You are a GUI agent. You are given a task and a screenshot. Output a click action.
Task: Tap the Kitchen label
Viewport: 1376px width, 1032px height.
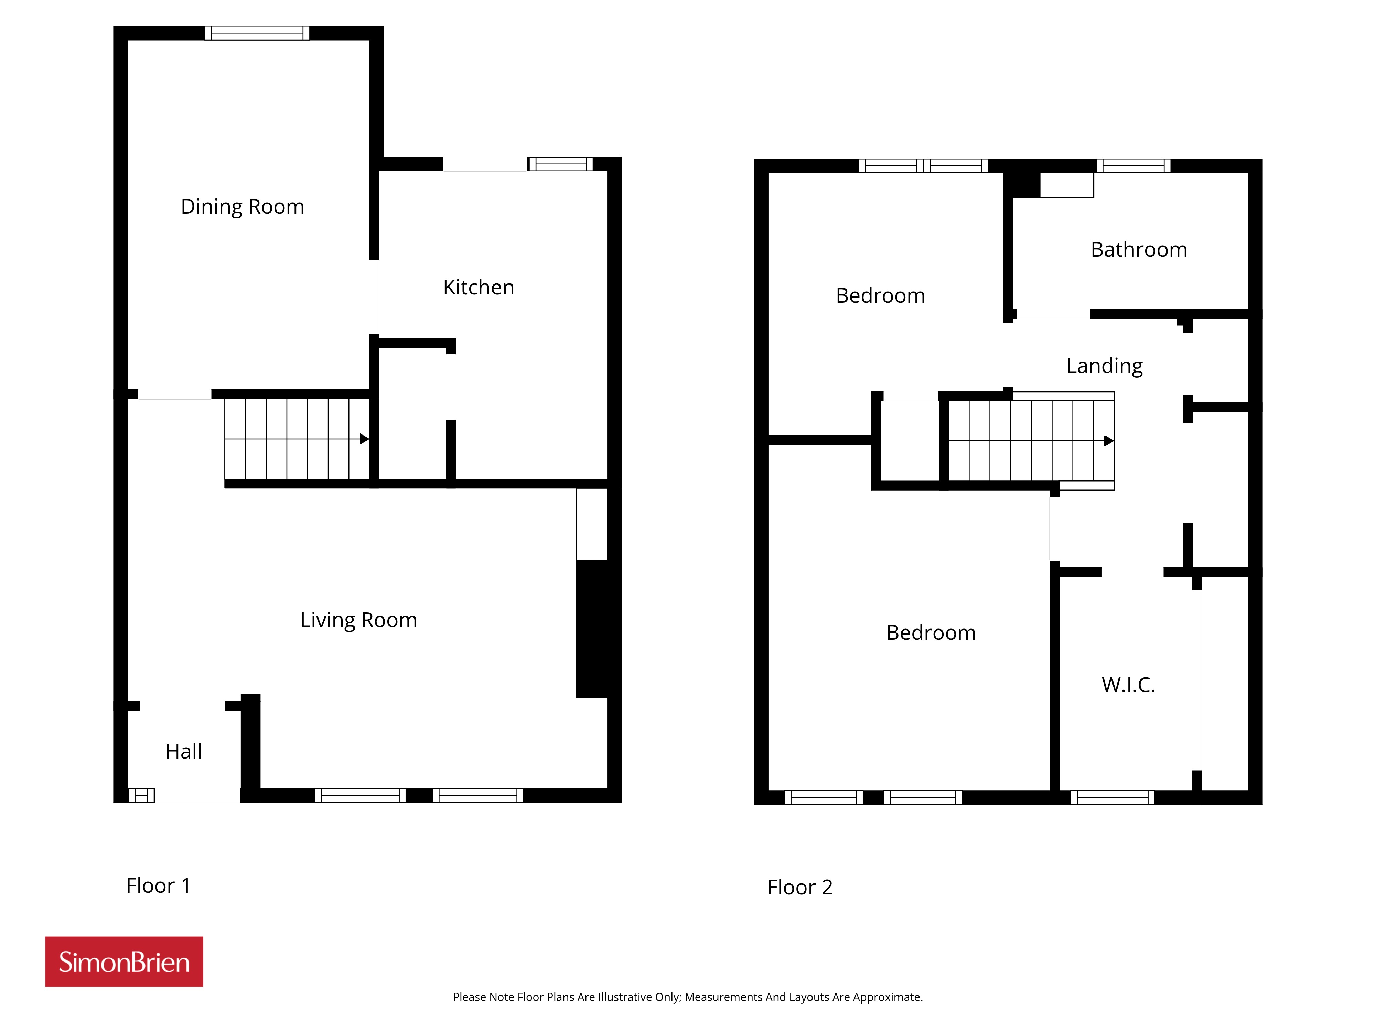[x=479, y=287]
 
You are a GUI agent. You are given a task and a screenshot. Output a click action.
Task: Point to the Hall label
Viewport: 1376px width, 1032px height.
[x=183, y=751]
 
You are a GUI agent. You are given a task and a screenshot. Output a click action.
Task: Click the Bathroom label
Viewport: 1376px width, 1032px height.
[x=1139, y=249]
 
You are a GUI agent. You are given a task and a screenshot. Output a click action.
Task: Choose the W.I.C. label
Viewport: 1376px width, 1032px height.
[x=1128, y=685]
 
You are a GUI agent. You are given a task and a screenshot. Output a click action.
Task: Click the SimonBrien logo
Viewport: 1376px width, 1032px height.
[x=124, y=962]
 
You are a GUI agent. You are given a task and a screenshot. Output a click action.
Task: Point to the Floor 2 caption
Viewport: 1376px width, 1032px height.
[x=800, y=888]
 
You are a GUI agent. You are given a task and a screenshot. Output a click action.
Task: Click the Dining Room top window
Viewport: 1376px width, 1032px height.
[x=257, y=33]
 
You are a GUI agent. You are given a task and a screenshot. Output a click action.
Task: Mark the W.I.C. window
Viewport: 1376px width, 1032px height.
[x=1112, y=797]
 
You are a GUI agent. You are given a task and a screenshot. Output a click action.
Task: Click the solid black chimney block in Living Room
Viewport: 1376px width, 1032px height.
[x=598, y=629]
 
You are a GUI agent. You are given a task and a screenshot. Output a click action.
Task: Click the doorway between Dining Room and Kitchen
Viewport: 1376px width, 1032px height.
[x=374, y=297]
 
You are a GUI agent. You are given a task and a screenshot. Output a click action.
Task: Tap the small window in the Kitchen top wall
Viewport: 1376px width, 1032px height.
[x=560, y=164]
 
